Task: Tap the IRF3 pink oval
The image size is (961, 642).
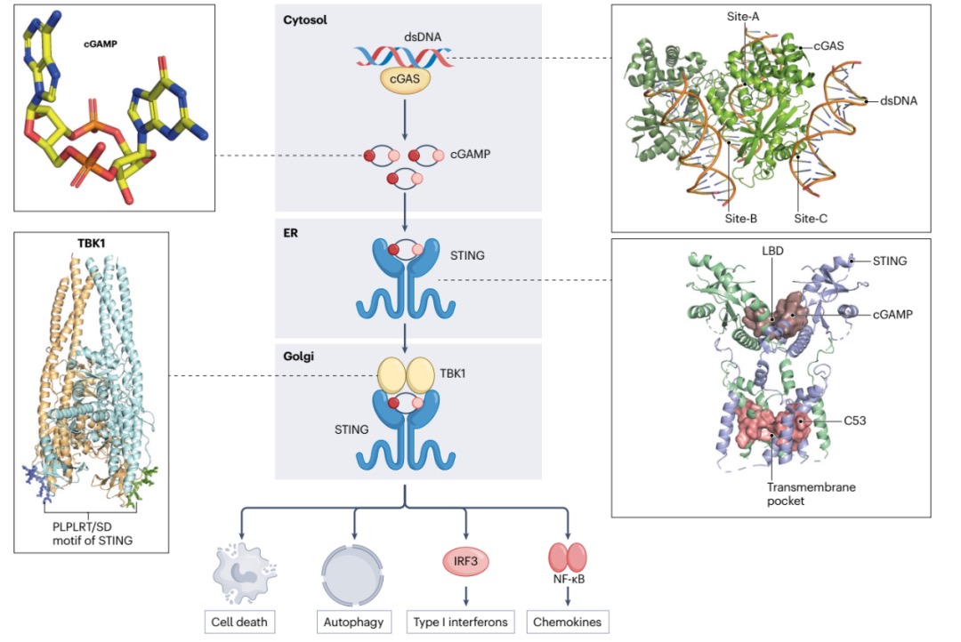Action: (x=466, y=561)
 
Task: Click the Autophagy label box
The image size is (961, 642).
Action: (x=354, y=622)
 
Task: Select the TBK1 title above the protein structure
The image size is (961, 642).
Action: (x=93, y=245)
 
